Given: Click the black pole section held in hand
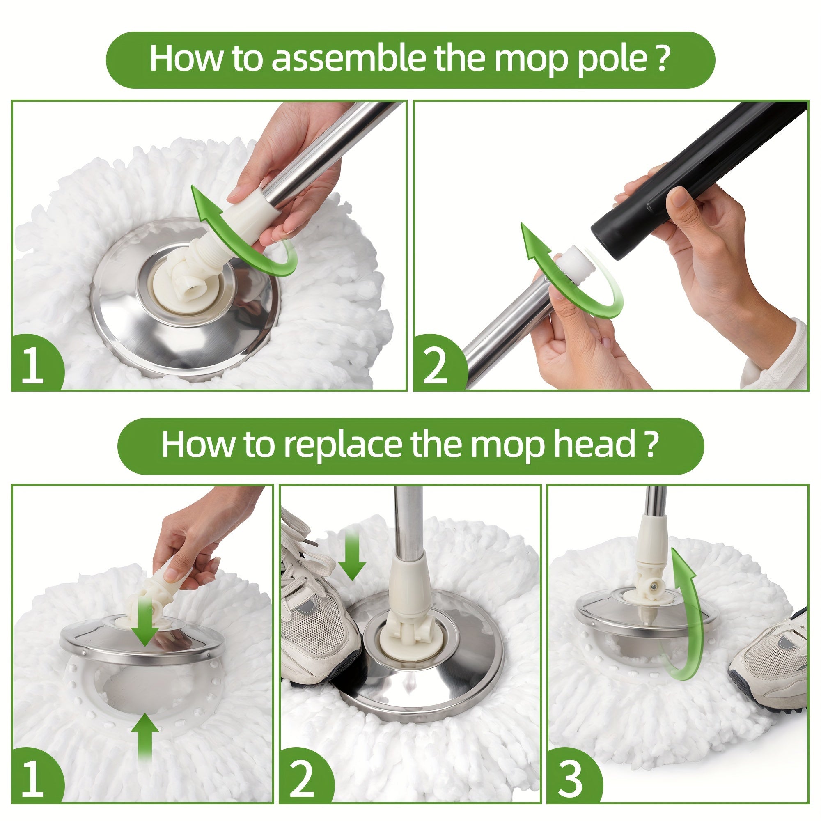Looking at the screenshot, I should (697, 179).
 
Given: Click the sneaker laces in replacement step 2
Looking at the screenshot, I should (302, 553).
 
